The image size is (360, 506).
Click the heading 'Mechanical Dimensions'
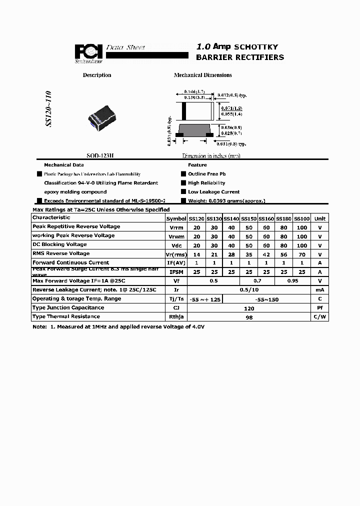[202, 75]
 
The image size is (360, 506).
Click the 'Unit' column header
[320, 218]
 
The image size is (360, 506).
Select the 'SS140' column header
[231, 218]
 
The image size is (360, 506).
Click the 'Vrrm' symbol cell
[176, 227]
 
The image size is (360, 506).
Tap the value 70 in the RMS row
[302, 254]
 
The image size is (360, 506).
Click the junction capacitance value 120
[248, 308]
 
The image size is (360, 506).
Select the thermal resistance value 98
[248, 317]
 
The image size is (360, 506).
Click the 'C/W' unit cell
[320, 317]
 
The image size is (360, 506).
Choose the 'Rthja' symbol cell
[176, 317]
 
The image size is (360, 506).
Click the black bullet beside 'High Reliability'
[183, 183]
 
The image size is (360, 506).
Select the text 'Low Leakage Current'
[206, 192]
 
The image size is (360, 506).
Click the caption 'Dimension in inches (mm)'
[211, 156]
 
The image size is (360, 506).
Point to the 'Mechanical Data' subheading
[64, 165]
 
